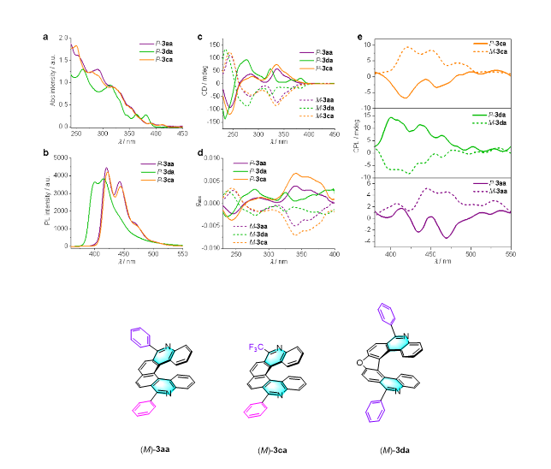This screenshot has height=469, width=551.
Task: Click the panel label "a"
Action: coord(45,36)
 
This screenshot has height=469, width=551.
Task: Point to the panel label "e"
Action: coord(359,38)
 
